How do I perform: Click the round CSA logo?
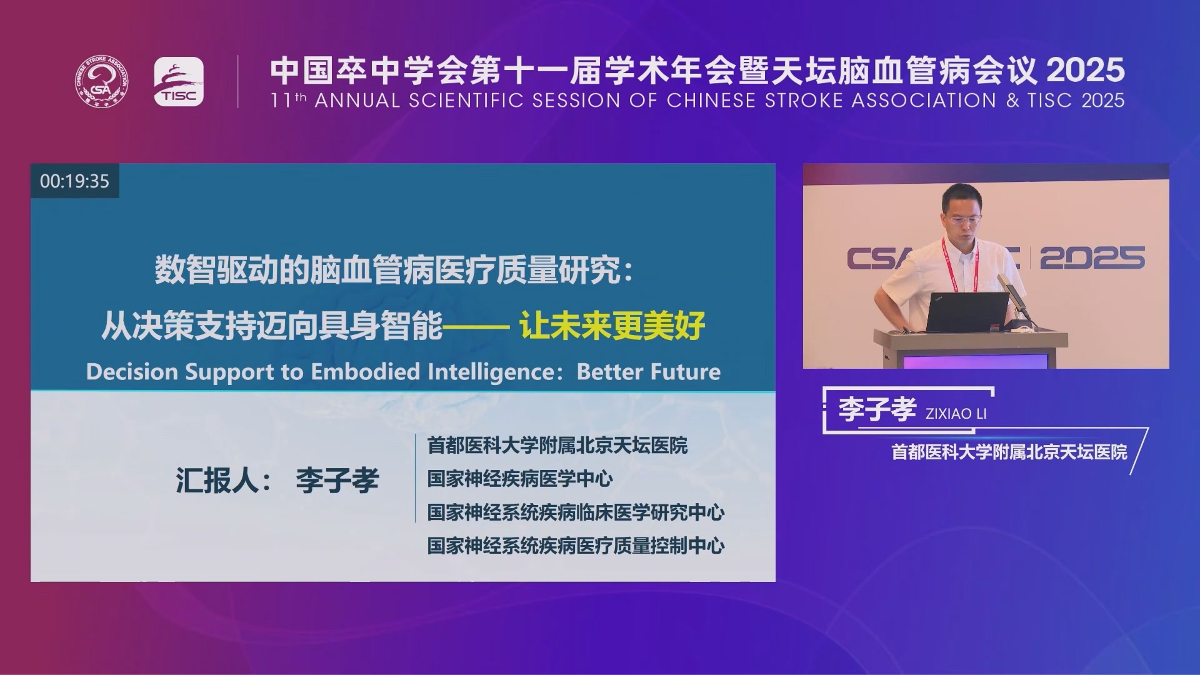click(x=102, y=81)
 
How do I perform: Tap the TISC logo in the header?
click(x=179, y=82)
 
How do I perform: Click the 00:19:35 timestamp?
click(x=74, y=181)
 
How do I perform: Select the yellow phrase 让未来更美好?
click(x=612, y=325)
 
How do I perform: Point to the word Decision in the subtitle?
click(x=132, y=372)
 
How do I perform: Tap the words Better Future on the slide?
click(x=649, y=372)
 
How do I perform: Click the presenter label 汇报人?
click(x=216, y=480)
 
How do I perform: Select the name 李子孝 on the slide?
click(x=337, y=480)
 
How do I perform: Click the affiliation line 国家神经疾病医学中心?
click(x=520, y=479)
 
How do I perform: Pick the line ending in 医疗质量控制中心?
click(x=576, y=546)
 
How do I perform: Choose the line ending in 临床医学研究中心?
click(x=576, y=512)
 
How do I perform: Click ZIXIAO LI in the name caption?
click(x=956, y=414)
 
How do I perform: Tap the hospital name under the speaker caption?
click(x=1009, y=452)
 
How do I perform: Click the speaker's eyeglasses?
click(x=962, y=219)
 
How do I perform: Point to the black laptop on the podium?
click(x=966, y=311)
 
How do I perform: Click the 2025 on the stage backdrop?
click(x=1092, y=258)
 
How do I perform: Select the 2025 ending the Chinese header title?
click(x=1086, y=70)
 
